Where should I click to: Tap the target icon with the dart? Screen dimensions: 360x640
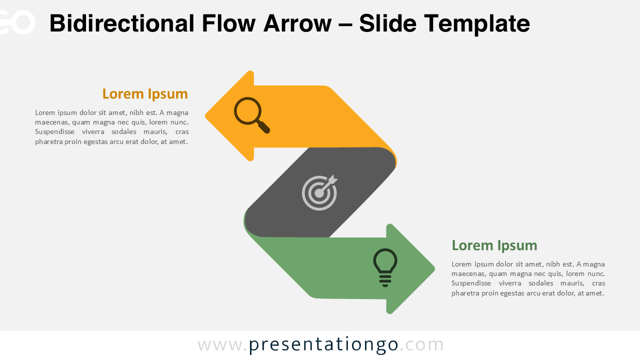pos(319,192)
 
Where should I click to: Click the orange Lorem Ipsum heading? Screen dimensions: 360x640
pos(145,94)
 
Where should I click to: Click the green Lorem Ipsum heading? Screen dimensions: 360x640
pos(494,245)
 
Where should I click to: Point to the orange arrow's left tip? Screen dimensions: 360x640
pos(207,116)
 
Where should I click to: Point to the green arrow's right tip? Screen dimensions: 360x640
pos(433,269)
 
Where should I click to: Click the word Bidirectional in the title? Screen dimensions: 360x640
pos(121,23)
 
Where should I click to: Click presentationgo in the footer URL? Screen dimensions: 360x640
pos(323,345)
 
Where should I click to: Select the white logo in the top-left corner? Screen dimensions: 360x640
pos(17,22)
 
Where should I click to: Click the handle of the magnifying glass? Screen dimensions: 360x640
pos(264,127)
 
